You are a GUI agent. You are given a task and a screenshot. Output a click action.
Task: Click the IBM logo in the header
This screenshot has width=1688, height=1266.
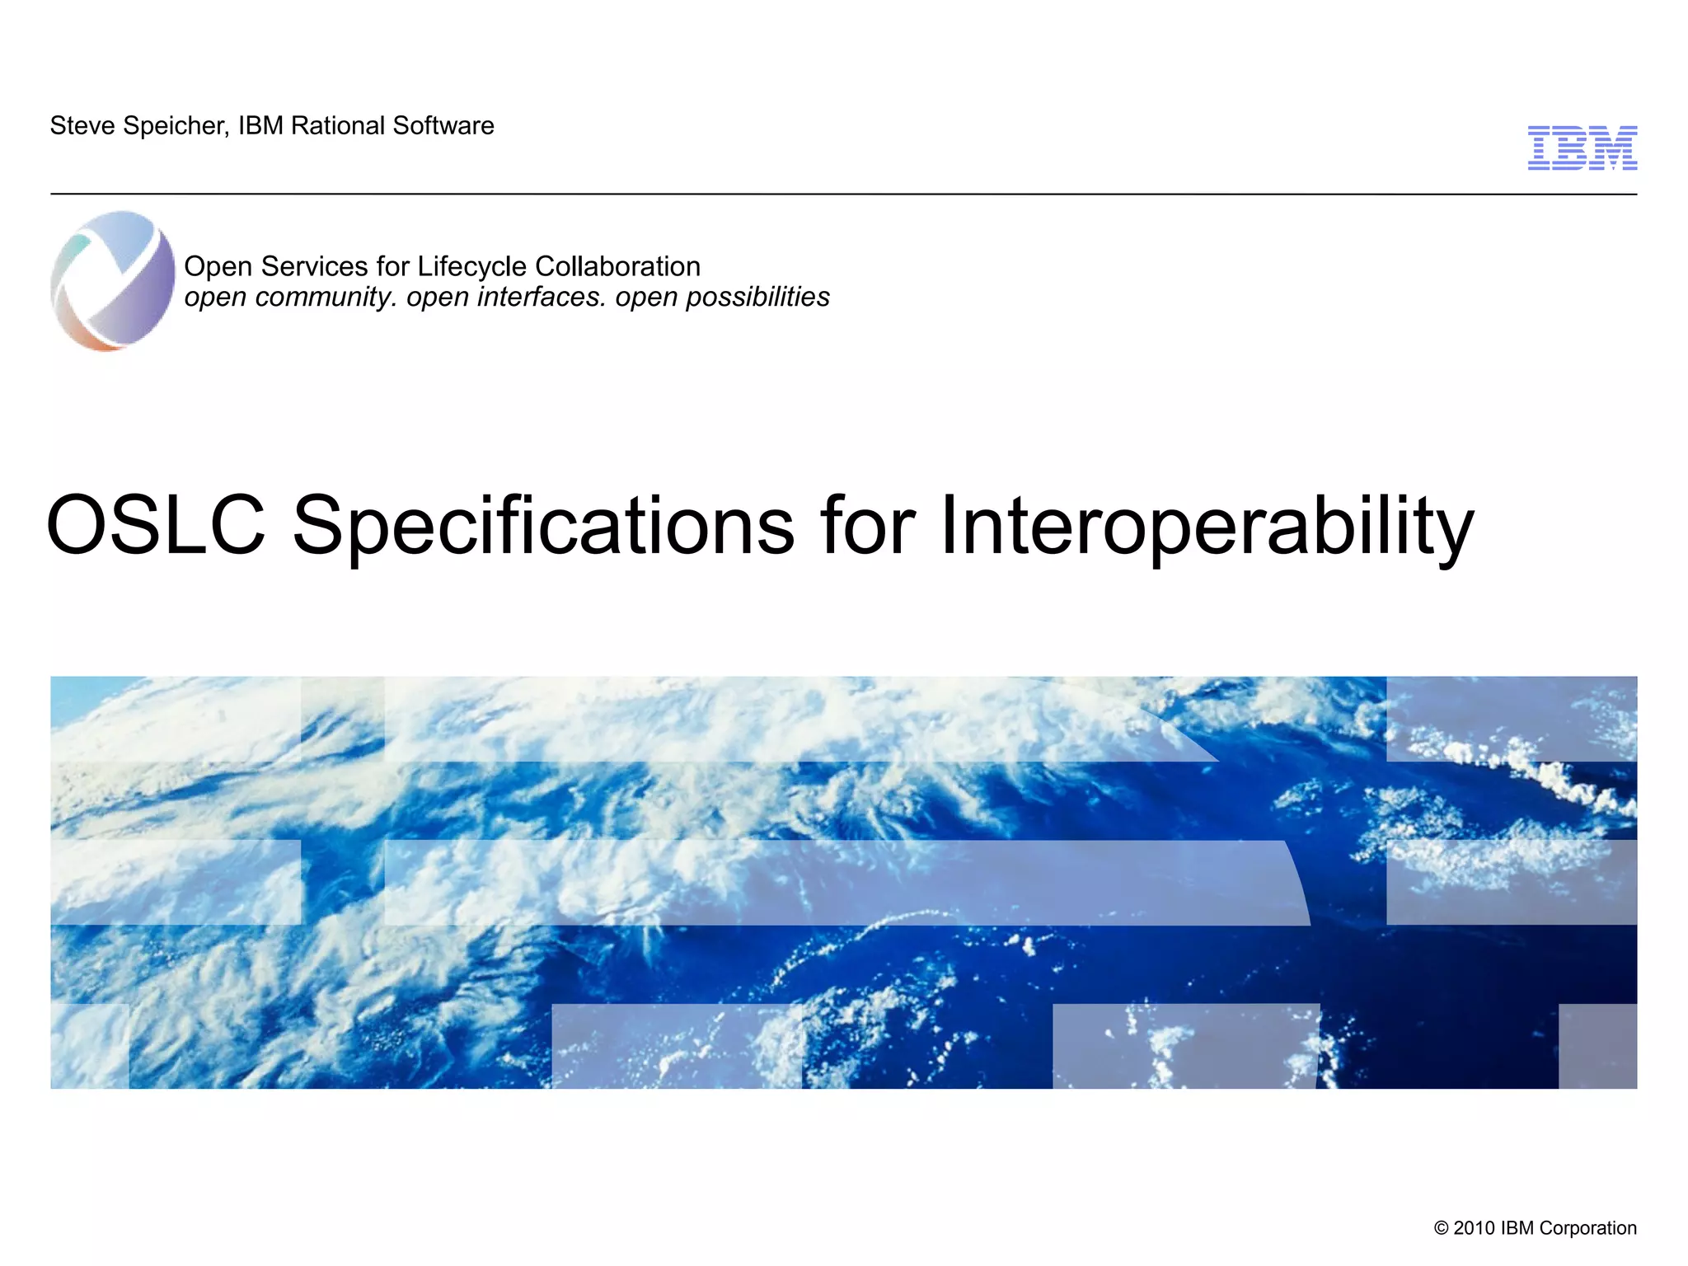click(x=1582, y=148)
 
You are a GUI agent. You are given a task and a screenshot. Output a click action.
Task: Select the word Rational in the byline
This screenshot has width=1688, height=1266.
click(x=337, y=126)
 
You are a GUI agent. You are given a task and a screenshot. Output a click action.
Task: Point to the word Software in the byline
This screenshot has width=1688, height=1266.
click(x=443, y=126)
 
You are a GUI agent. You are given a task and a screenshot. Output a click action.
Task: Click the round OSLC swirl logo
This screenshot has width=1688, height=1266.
click(x=113, y=281)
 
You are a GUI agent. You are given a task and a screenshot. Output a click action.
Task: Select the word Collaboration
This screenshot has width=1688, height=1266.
click(x=617, y=267)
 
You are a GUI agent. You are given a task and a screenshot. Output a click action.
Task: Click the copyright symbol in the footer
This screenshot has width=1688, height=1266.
click(x=1441, y=1228)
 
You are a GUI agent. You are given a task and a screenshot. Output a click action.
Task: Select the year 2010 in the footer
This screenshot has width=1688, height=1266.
click(x=1474, y=1228)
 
